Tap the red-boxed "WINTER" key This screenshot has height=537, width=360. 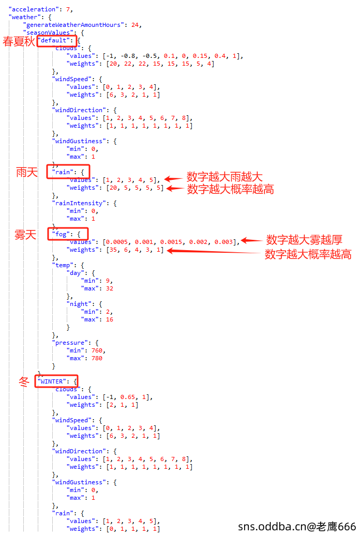point(52,381)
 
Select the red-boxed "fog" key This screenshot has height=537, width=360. point(62,234)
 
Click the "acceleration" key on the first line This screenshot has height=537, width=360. point(34,9)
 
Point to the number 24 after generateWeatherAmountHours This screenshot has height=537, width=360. point(135,25)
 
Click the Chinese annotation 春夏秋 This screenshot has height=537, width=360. point(19,41)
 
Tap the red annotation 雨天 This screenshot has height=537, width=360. point(27,172)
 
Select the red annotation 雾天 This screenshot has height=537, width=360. point(25,235)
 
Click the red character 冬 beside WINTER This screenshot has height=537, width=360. point(24,381)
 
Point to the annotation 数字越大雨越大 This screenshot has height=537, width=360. point(224,177)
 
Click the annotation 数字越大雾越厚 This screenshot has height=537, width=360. point(304,240)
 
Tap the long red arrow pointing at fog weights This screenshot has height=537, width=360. point(214,252)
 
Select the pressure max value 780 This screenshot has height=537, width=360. point(97,358)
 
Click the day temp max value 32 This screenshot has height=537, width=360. point(109,288)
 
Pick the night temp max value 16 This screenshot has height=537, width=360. point(109,319)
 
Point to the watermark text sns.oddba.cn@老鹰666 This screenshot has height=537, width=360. point(297,526)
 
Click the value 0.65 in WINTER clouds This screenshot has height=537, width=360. point(128,397)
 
